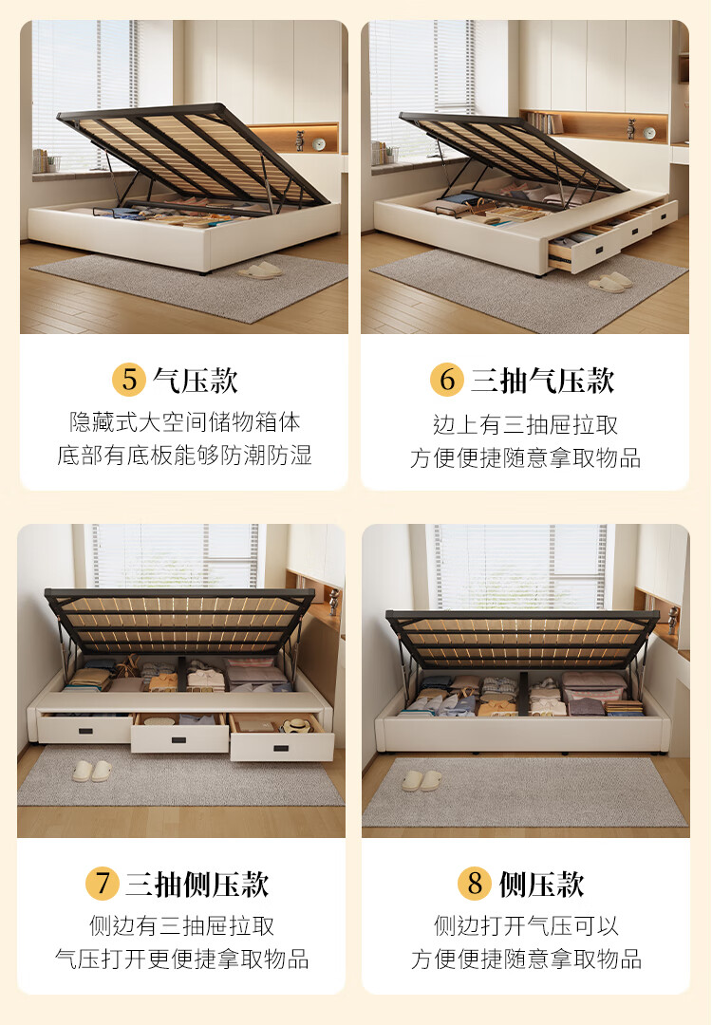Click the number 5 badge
tap(129, 380)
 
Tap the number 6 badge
tap(446, 380)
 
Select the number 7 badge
tap(102, 884)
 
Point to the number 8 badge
tap(474, 884)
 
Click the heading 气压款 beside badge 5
tap(196, 381)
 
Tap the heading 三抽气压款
tap(543, 381)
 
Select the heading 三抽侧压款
tap(197, 885)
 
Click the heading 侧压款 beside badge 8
tap(541, 885)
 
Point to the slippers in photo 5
tap(261, 270)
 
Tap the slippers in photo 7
tap(92, 771)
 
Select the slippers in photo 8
tap(422, 780)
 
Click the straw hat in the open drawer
tap(297, 724)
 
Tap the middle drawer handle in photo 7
tap(179, 740)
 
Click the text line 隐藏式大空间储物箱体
tap(185, 421)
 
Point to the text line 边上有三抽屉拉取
tap(526, 424)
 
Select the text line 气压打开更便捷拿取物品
tap(182, 959)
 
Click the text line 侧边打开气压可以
tap(526, 925)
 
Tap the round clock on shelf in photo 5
tap(318, 144)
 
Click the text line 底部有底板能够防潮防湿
tap(185, 455)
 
